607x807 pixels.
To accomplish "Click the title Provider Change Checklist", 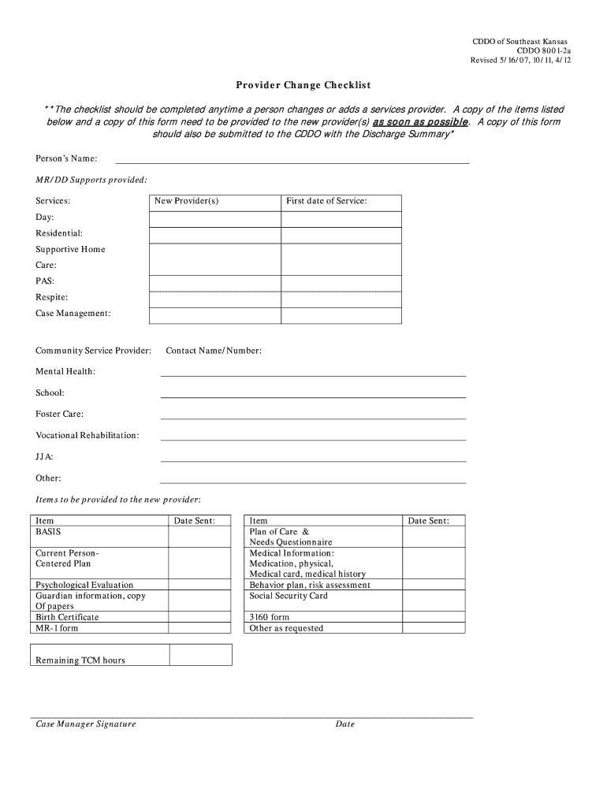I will coord(303,85).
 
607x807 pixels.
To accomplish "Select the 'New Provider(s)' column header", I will coord(187,201).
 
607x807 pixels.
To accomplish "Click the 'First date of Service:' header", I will coord(326,201).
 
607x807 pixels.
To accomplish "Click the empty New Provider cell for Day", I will coord(214,218).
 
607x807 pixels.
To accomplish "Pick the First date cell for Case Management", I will coord(341,315).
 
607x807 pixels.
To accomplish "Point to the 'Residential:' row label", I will coord(59,233).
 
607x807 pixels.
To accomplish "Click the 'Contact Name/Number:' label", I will coord(214,351).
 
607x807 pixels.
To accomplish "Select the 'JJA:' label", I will coord(45,457).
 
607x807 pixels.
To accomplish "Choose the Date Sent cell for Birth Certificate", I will coord(201,617).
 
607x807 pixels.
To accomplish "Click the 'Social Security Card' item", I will coord(289,597).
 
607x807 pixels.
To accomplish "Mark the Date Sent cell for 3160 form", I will coord(434,617).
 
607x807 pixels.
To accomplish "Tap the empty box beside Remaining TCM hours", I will coord(200,655).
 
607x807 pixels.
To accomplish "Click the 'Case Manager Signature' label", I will coord(86,724).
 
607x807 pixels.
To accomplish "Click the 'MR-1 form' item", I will coord(58,628).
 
